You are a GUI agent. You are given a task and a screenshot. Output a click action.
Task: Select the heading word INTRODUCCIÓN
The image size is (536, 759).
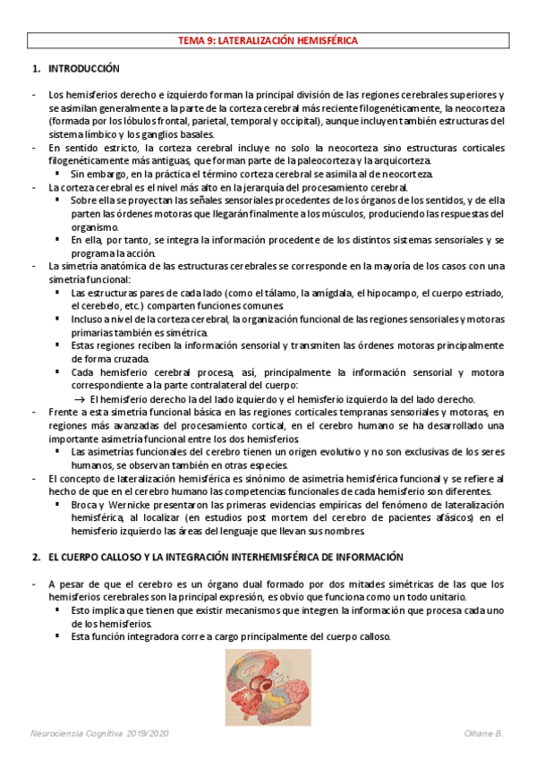pyautogui.click(x=83, y=69)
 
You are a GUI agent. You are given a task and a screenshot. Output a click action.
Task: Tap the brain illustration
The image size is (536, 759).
pyautogui.click(x=268, y=687)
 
